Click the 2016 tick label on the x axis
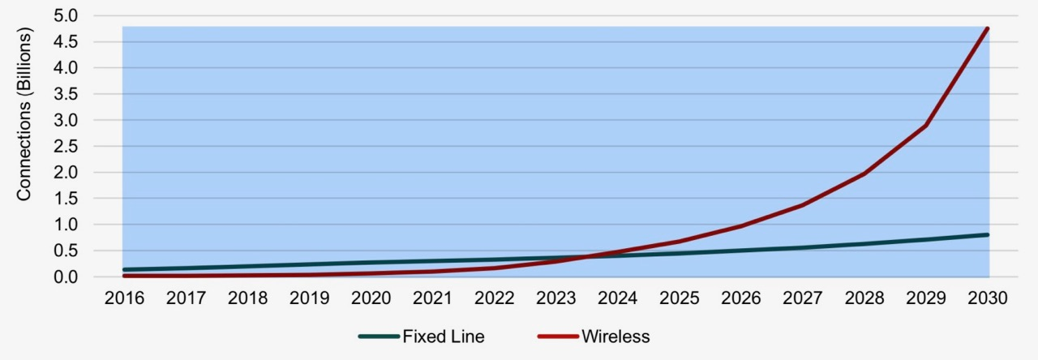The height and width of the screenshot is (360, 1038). coord(124,298)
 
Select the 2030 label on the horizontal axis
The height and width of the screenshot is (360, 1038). coord(987,298)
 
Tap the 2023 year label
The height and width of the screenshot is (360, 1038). coord(555,298)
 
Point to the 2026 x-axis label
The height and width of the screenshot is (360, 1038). coord(740,298)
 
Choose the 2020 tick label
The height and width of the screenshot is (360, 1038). coord(371,298)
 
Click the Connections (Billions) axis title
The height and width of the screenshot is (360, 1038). coord(24,114)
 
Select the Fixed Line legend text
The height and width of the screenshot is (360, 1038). coord(444,336)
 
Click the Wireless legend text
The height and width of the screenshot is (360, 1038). coord(616,336)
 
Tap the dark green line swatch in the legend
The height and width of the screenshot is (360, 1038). coord(378,336)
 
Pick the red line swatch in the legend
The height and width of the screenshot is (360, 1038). coord(556,336)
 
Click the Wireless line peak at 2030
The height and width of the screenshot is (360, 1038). coord(987,29)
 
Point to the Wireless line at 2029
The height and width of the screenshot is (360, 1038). coord(925,126)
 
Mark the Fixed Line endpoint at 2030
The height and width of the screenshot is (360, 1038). coord(987,234)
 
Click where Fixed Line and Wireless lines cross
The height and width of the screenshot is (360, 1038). coord(585,258)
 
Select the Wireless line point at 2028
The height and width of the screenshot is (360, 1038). coord(864,174)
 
